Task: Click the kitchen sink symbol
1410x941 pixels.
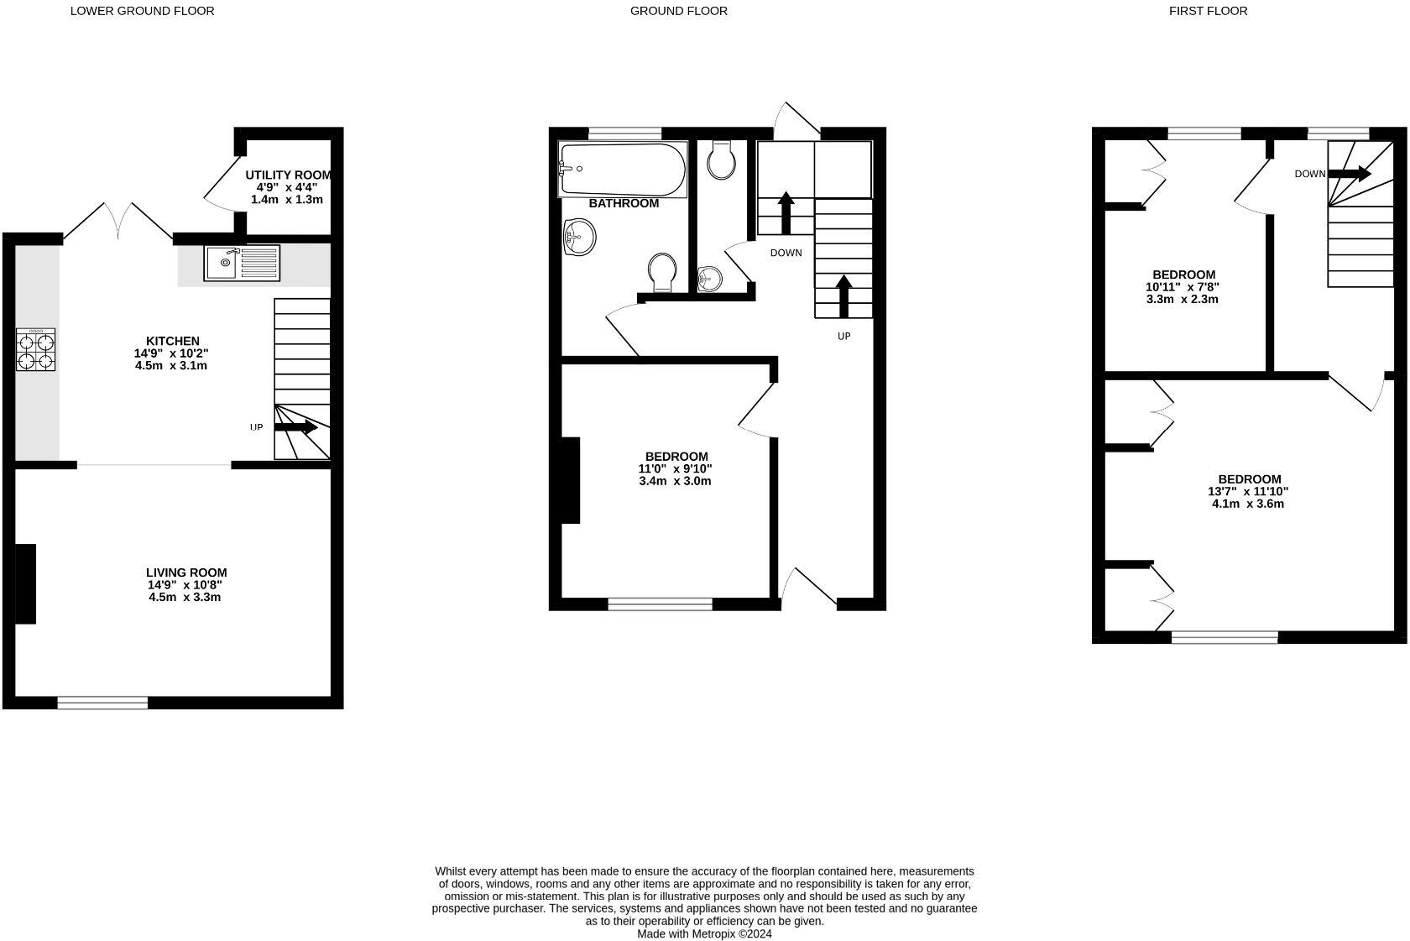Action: [x=242, y=263]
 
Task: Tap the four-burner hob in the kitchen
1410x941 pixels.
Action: [x=35, y=349]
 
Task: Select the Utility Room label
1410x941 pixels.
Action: [x=287, y=175]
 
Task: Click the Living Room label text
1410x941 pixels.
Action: [x=186, y=572]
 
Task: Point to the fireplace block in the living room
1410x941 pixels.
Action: [x=26, y=583]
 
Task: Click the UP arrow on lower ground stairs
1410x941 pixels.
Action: [x=295, y=427]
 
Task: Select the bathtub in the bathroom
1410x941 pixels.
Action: [x=622, y=170]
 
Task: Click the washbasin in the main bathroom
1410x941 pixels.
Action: [x=579, y=237]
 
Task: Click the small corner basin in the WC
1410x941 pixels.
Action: [x=709, y=278]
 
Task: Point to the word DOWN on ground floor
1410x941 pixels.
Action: [x=786, y=253]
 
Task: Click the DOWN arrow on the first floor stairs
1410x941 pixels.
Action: [x=1349, y=174]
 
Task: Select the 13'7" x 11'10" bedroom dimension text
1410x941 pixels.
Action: [x=1247, y=492]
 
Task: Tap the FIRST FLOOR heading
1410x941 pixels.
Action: [x=1208, y=11]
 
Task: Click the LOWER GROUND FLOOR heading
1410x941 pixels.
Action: [x=142, y=11]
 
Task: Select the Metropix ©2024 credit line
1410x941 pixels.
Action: [x=704, y=933]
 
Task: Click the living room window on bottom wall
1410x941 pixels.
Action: [x=102, y=703]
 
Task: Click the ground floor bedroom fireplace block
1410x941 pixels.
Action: [x=571, y=480]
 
